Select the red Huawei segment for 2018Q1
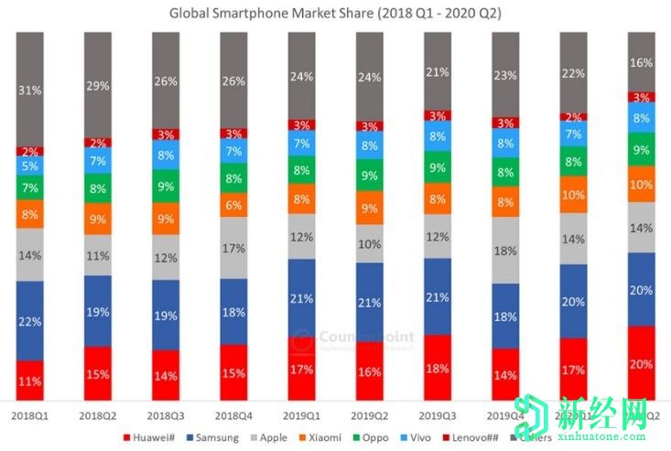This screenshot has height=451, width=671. pyautogui.click(x=30, y=381)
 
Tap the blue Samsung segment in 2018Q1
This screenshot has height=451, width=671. pyautogui.click(x=30, y=320)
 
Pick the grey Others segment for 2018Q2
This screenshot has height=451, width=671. pyautogui.click(x=98, y=84)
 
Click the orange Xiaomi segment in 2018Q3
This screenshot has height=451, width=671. pyautogui.click(x=166, y=219)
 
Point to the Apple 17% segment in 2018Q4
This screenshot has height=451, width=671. pyautogui.click(x=233, y=248)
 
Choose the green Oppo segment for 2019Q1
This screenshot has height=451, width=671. pyautogui.click(x=301, y=169)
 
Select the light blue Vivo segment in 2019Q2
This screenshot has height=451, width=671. pyautogui.click(x=369, y=145)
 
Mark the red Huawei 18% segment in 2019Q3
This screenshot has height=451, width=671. pyautogui.click(x=437, y=368)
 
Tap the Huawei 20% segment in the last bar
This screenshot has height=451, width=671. pyautogui.click(x=641, y=363)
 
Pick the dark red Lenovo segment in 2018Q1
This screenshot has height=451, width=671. pyautogui.click(x=30, y=151)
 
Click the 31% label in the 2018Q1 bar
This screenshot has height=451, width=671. pyautogui.click(x=30, y=90)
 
